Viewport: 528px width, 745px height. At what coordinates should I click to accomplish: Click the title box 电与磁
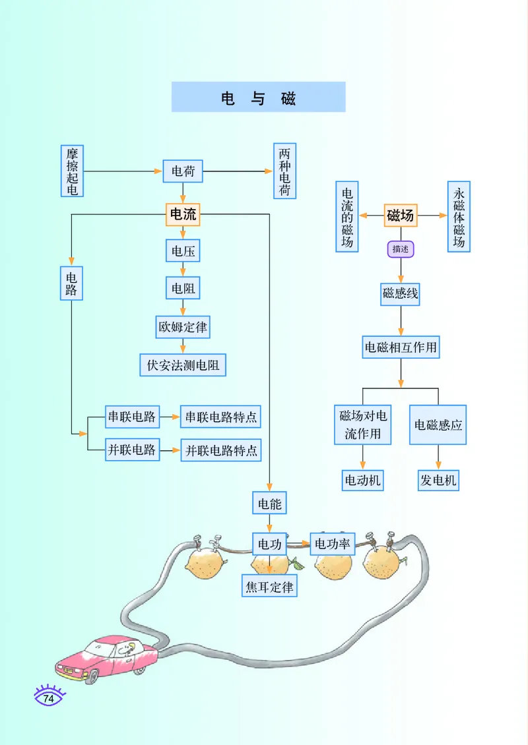tap(258, 97)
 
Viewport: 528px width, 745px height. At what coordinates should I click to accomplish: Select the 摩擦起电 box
tap(72, 171)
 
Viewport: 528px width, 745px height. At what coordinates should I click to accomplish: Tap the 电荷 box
tap(183, 171)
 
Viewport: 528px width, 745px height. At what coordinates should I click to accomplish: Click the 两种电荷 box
tap(284, 171)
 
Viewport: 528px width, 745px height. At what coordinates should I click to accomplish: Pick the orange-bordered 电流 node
tap(183, 214)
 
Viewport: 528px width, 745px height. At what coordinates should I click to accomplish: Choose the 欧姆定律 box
tap(183, 326)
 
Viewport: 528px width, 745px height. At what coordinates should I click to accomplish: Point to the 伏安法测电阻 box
tap(183, 365)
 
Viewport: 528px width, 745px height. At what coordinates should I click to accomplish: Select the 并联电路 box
tap(132, 450)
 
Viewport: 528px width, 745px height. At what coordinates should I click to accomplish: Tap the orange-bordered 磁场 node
tap(401, 215)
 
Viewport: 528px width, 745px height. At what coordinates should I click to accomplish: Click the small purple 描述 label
tap(401, 249)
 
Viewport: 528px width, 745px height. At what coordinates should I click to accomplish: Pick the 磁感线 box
tap(401, 293)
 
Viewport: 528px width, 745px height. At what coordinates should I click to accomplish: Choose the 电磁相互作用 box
tap(401, 347)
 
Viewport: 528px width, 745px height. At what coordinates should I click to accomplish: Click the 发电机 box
tap(438, 480)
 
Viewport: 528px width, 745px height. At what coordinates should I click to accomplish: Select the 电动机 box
tap(362, 480)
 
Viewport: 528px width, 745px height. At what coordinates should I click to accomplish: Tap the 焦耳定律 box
tap(269, 585)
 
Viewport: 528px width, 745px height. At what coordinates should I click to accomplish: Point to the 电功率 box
tap(333, 544)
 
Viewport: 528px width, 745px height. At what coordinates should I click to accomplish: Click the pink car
tap(106, 657)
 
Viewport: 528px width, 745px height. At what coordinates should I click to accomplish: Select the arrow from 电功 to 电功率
tap(298, 544)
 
